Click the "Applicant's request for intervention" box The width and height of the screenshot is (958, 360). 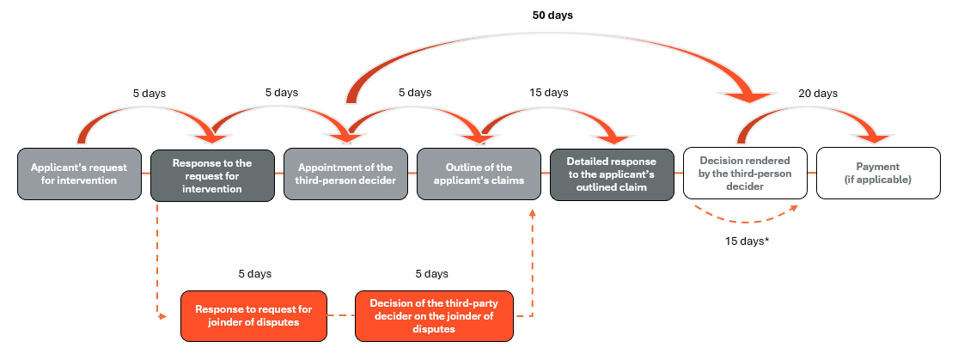click(x=79, y=174)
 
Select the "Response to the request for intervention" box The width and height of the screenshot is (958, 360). click(x=212, y=174)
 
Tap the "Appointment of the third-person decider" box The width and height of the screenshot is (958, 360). click(x=345, y=174)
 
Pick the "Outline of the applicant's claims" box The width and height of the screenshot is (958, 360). click(x=478, y=174)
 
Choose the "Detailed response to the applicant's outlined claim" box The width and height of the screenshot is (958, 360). click(x=611, y=174)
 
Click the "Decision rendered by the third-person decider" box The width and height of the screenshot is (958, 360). click(x=744, y=174)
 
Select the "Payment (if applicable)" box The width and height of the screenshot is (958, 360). click(x=877, y=174)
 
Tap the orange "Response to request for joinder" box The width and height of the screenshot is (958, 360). click(x=253, y=315)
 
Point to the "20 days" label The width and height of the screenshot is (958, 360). click(x=817, y=93)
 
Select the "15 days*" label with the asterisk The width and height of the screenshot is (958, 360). click(x=745, y=241)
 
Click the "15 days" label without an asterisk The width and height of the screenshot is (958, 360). click(x=548, y=93)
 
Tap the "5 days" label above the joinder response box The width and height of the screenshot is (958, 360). click(x=254, y=273)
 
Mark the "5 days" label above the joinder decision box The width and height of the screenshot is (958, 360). click(x=430, y=273)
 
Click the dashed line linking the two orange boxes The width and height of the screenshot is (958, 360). click(x=341, y=315)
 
